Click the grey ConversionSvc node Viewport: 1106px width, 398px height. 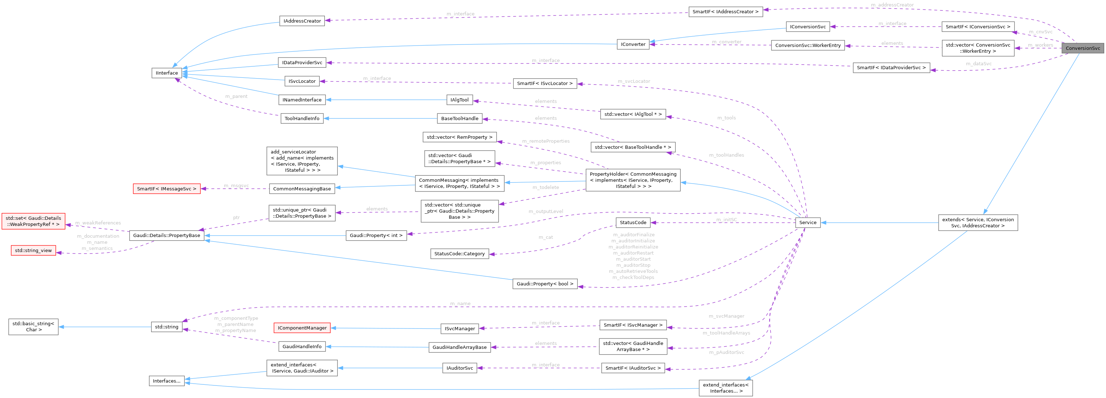[x=1082, y=48]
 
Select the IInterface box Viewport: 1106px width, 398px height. [x=167, y=73]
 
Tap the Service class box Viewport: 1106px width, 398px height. [x=808, y=223]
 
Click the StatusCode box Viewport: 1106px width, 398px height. [x=633, y=223]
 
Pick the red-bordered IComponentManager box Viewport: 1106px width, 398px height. [x=302, y=328]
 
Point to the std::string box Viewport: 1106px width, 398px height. [x=167, y=327]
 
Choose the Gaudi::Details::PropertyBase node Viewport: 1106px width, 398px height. [x=167, y=236]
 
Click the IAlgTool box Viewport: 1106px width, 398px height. [x=460, y=100]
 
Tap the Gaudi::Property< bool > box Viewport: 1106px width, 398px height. [x=545, y=284]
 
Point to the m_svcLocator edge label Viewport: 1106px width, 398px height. [x=634, y=81]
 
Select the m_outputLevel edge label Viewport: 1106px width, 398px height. [x=546, y=212]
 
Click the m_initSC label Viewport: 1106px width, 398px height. [x=726, y=220]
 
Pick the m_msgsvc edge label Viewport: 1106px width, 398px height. [x=236, y=186]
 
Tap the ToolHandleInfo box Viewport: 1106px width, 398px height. [x=302, y=119]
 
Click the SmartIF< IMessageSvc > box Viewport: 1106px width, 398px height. [x=167, y=189]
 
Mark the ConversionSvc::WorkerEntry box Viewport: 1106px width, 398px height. [x=808, y=45]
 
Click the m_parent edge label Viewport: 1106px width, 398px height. [x=236, y=96]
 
